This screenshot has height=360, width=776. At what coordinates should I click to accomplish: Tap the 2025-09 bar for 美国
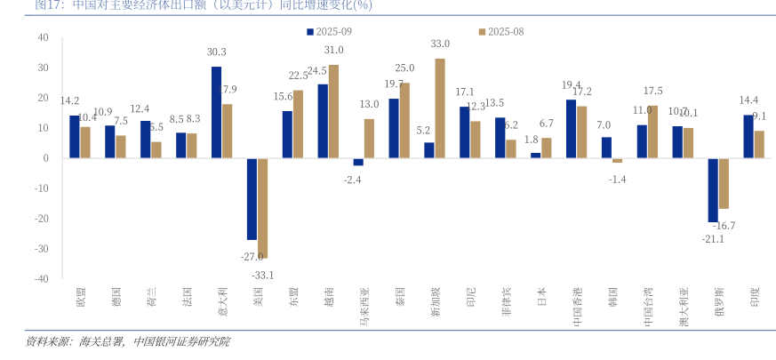pos(252,199)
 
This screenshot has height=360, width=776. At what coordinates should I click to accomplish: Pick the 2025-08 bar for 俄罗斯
pos(724,183)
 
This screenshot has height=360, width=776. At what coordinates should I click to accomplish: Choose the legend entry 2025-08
pos(501,31)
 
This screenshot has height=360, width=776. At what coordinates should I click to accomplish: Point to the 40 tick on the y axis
pos(44,37)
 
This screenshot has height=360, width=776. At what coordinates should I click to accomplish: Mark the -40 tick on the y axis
pos(42,278)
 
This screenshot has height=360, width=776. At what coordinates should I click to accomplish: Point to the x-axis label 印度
pos(754,297)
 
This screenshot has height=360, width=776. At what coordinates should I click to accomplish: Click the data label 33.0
pos(440,44)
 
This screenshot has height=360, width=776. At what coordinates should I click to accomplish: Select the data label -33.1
pos(262,274)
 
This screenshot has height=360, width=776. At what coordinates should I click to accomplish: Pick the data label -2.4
pos(353,180)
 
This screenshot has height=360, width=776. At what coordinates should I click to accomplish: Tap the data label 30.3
pos(216,52)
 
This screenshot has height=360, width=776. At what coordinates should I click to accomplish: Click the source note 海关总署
pos(103,341)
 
